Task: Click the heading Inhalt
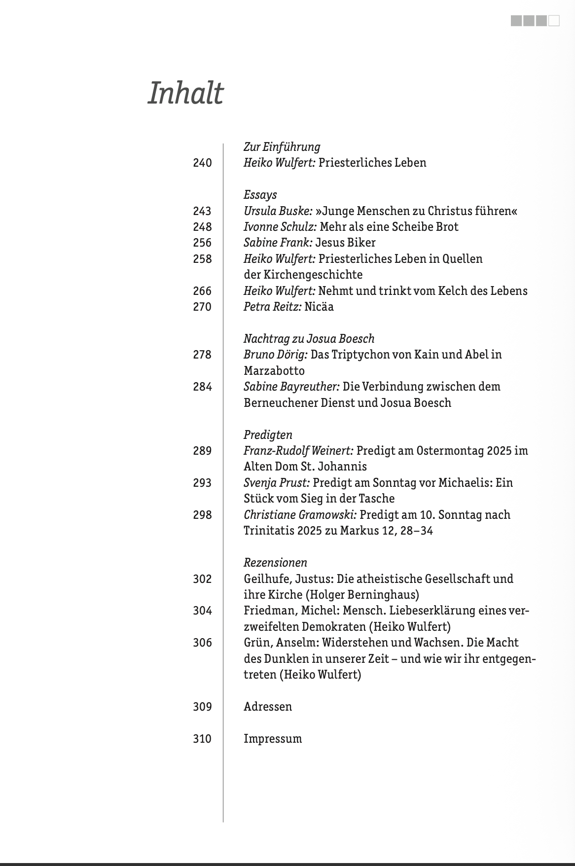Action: [x=185, y=93]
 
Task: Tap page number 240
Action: [x=202, y=163]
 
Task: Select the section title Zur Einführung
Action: [x=282, y=147]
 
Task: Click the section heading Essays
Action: [x=260, y=195]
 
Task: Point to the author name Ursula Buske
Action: [x=278, y=211]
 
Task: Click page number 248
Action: [x=202, y=227]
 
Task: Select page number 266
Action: [x=202, y=291]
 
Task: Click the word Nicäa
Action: [x=319, y=307]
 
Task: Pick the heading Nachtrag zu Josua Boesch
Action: [x=309, y=339]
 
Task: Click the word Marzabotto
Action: [x=274, y=371]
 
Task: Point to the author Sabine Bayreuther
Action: [x=291, y=387]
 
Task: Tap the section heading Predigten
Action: [x=268, y=435]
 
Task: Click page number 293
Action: [x=202, y=483]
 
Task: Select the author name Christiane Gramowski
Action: [x=300, y=515]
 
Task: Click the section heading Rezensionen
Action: [x=275, y=563]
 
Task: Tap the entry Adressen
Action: [x=268, y=707]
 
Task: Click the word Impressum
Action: [x=273, y=739]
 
